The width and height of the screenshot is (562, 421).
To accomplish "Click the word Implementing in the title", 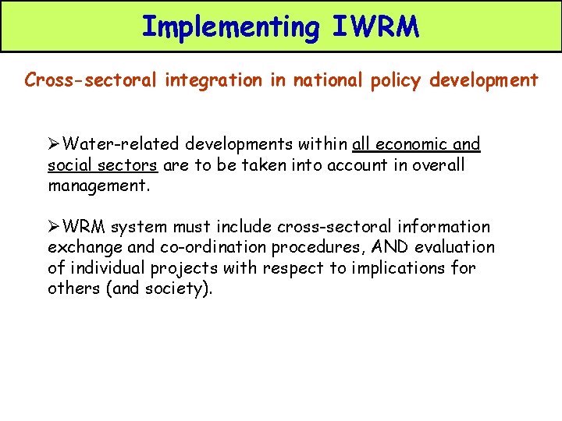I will tap(230, 27).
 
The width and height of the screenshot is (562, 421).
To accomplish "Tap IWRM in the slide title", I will tap(375, 27).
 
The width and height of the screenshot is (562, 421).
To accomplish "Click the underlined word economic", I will tap(411, 144).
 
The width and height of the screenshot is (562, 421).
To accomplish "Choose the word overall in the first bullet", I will tap(438, 165).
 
